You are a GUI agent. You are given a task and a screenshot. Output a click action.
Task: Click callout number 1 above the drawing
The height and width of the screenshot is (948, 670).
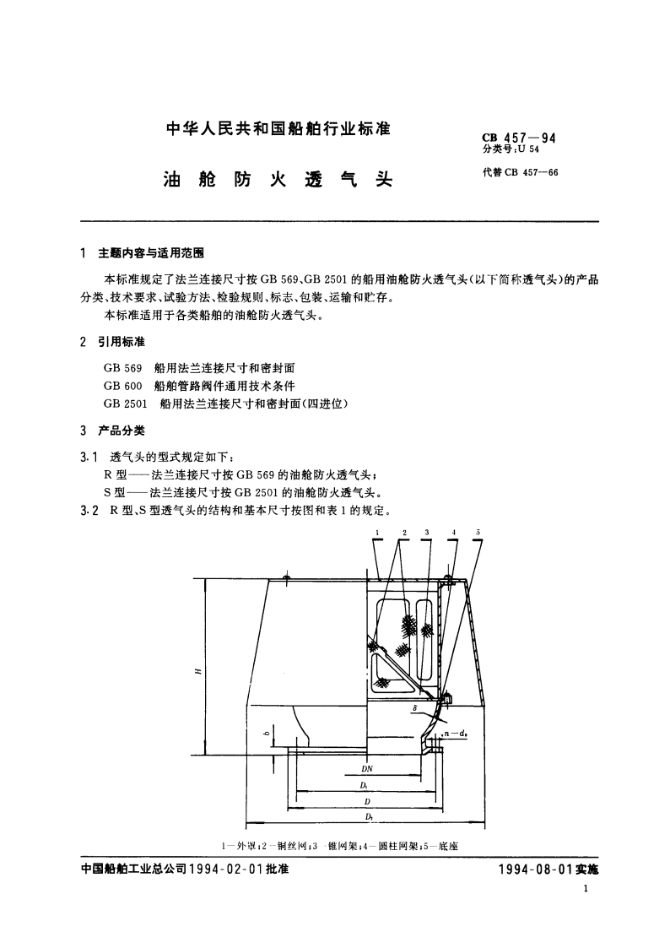point(376,533)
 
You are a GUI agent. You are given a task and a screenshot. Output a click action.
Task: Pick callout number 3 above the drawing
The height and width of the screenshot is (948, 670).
point(427,533)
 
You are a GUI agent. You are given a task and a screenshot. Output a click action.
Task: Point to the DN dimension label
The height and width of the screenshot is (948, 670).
point(367,769)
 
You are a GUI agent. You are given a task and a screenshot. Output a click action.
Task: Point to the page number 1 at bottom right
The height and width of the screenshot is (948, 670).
point(585,890)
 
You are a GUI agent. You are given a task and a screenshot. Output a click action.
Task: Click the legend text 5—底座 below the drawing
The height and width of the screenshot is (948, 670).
point(440,844)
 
